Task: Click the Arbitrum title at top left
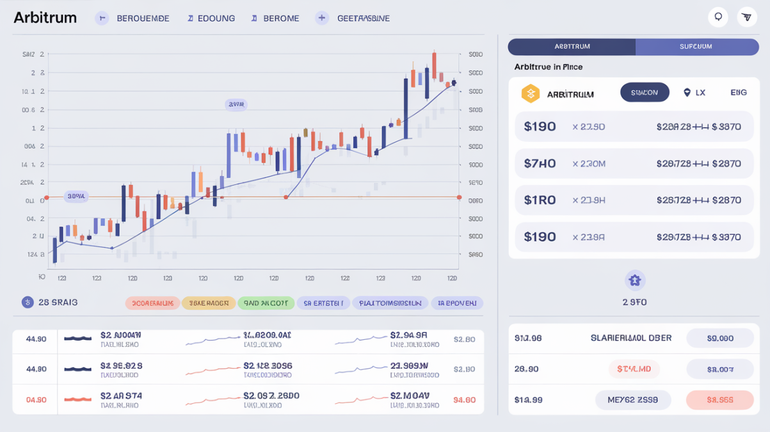pyautogui.click(x=45, y=18)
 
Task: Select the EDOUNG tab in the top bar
pyautogui.click(x=216, y=19)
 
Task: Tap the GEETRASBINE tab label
pyautogui.click(x=364, y=19)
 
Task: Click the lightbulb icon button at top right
pyautogui.click(x=718, y=17)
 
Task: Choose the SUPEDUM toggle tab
pyautogui.click(x=696, y=46)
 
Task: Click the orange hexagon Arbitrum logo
pyautogui.click(x=530, y=94)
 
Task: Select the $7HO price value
pyautogui.click(x=540, y=163)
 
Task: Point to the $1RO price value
pyautogui.click(x=540, y=200)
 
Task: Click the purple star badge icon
pyautogui.click(x=634, y=280)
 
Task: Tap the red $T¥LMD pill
pyautogui.click(x=634, y=369)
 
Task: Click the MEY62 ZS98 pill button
pyautogui.click(x=633, y=400)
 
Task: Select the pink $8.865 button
pyautogui.click(x=720, y=400)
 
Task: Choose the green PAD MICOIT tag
pyautogui.click(x=266, y=303)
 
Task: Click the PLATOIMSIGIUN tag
pyautogui.click(x=390, y=303)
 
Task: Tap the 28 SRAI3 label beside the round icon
pyautogui.click(x=58, y=302)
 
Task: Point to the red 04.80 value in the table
pyautogui.click(x=36, y=400)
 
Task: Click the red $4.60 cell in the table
pyautogui.click(x=464, y=400)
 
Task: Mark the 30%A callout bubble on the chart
pyautogui.click(x=76, y=196)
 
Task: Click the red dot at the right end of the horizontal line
pyautogui.click(x=459, y=197)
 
